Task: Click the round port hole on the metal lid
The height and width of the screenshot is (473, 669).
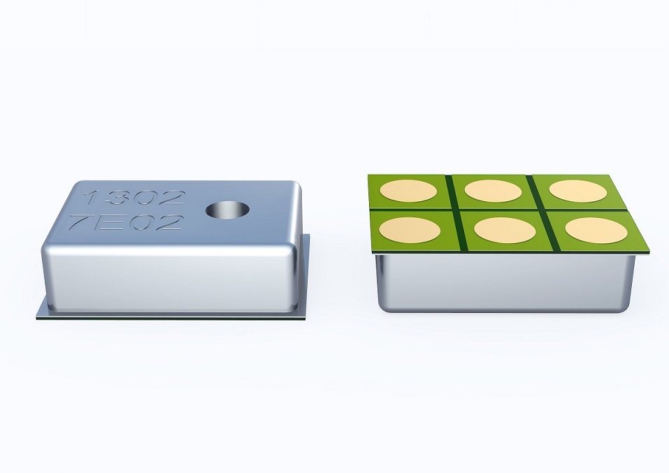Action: pyautogui.click(x=227, y=210)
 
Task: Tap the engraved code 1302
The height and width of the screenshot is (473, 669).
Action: pyautogui.click(x=134, y=198)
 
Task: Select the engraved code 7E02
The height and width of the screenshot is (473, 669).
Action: pyautogui.click(x=127, y=222)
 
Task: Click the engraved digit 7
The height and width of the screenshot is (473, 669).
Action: pyautogui.click(x=81, y=221)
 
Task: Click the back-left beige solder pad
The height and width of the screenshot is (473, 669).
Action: pyautogui.click(x=408, y=191)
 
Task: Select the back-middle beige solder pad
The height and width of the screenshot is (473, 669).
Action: pyautogui.click(x=493, y=191)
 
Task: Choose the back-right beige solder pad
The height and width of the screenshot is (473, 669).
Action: pyautogui.click(x=577, y=191)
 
